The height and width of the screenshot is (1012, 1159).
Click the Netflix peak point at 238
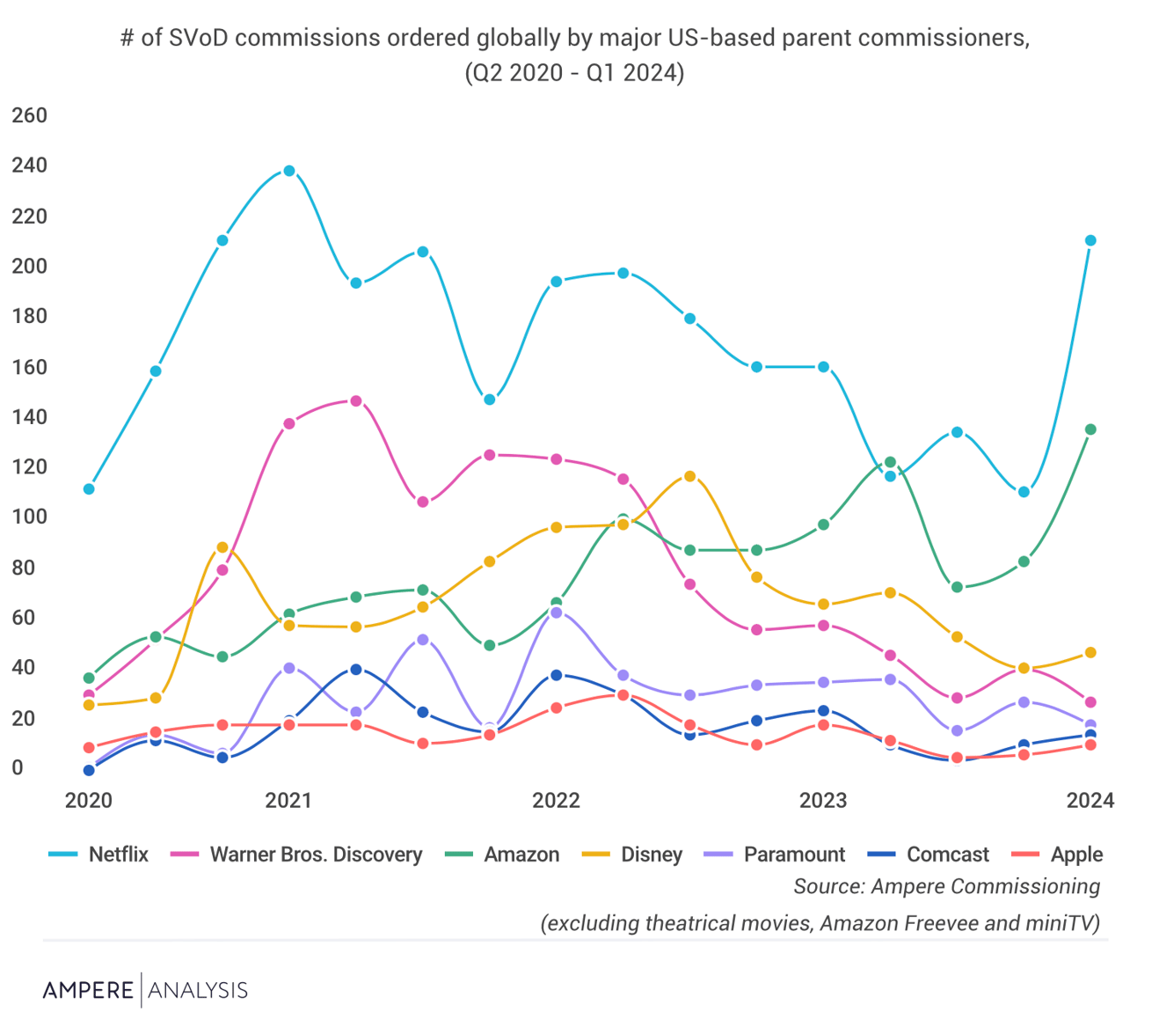tap(288, 171)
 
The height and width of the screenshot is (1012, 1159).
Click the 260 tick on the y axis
tap(29, 115)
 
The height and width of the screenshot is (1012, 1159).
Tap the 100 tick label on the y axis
tap(29, 517)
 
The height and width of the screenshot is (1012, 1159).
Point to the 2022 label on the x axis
tap(556, 800)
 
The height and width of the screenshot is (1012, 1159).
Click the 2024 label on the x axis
tap(1090, 800)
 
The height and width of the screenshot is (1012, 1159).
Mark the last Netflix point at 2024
tap(1090, 240)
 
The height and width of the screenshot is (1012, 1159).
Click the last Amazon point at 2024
tap(1090, 429)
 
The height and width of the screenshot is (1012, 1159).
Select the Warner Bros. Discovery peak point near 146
tap(356, 401)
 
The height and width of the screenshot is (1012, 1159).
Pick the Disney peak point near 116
tap(689, 476)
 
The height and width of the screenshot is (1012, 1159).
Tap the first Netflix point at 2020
tap(89, 488)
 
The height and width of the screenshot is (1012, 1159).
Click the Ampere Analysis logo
tap(145, 990)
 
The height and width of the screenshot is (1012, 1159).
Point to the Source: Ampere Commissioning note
tap(946, 886)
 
